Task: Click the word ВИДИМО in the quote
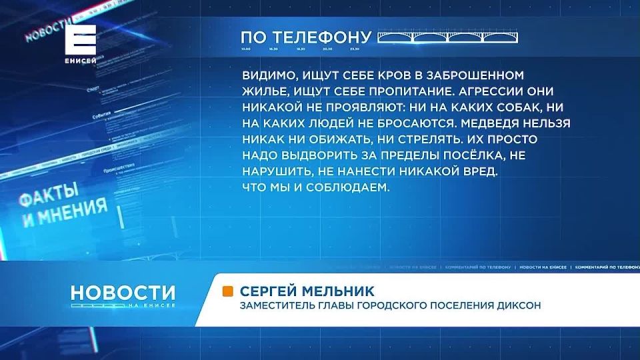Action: tap(265, 77)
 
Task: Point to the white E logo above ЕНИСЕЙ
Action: tap(81, 39)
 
